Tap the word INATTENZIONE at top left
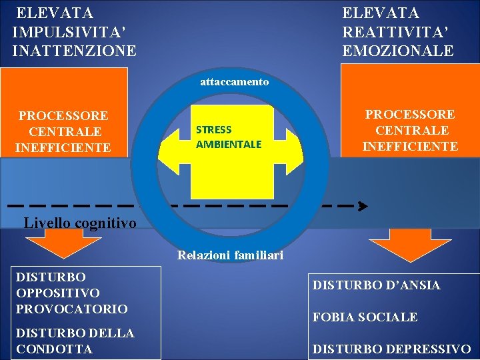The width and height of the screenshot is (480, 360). [x=74, y=50]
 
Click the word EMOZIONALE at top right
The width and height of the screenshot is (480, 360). [x=398, y=50]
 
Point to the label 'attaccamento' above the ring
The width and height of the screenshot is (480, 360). [x=235, y=82]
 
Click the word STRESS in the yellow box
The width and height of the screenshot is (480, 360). [x=213, y=130]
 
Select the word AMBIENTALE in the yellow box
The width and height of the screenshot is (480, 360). [x=228, y=144]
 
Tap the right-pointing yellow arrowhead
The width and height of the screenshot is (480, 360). [x=294, y=145]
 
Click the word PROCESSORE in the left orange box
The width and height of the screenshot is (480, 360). [x=64, y=116]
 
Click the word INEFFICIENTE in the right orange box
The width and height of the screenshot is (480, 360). [x=410, y=146]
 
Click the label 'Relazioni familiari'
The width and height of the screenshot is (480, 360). [x=230, y=255]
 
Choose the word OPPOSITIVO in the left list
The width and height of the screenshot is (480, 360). [x=58, y=293]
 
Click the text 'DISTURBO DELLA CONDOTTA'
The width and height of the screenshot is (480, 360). [x=75, y=340]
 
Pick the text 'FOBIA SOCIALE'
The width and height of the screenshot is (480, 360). [x=365, y=317]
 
